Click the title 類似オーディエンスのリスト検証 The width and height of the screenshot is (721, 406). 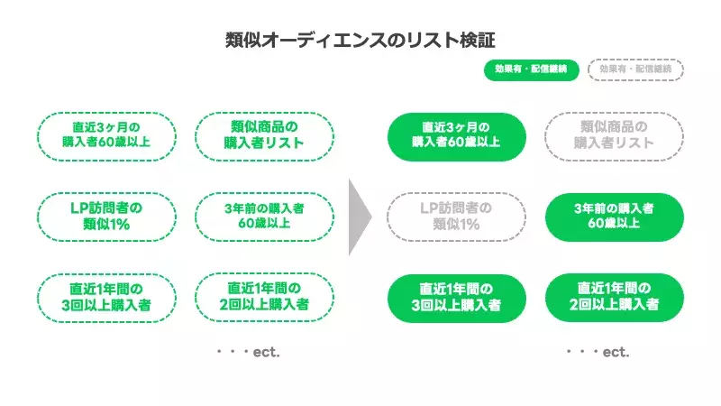(360, 41)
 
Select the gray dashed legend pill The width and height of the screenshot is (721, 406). (635, 70)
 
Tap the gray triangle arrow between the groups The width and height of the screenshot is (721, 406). (360, 217)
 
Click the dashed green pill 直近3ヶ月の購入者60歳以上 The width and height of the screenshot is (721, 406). (106, 135)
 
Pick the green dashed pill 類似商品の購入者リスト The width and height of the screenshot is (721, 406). (264, 135)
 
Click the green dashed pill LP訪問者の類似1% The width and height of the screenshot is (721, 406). (106, 217)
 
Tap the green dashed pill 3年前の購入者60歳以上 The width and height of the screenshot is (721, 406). (264, 217)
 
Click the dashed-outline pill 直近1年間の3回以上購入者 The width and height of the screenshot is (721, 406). (106, 297)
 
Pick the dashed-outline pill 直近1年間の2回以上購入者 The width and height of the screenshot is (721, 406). (264, 297)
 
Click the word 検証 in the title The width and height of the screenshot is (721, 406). (475, 41)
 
